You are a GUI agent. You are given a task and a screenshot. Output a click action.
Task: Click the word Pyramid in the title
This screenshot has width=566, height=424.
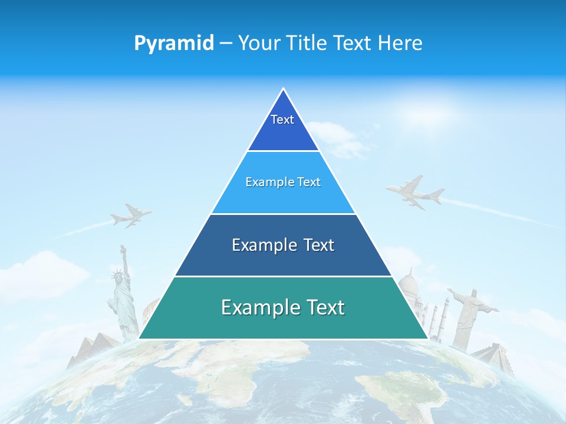point(174,43)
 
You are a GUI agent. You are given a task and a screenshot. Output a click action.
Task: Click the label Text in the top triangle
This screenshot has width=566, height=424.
point(282,120)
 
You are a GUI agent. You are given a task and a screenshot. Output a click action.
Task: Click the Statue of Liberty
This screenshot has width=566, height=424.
point(122,297)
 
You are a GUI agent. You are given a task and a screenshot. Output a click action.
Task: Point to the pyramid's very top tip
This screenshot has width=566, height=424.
point(283,89)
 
